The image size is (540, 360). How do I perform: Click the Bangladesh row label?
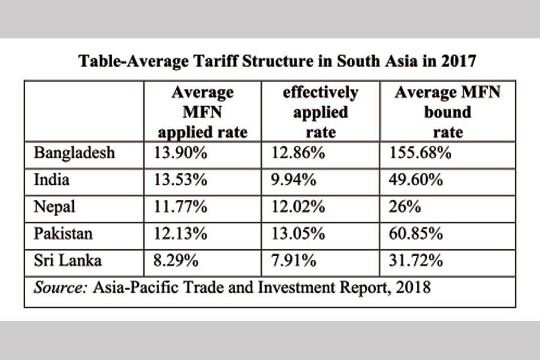(74, 154)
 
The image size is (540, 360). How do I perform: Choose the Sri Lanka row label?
(68, 261)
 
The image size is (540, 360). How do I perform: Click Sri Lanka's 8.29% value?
(178, 261)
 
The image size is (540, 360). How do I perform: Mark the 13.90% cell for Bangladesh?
(182, 154)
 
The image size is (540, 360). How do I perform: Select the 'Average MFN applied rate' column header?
(202, 112)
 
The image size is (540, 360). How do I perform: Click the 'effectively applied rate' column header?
(320, 112)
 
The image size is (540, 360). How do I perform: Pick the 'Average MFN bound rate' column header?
(448, 112)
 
